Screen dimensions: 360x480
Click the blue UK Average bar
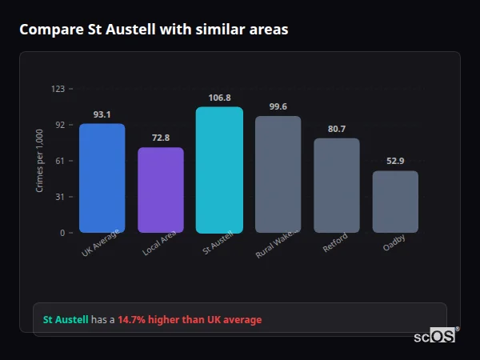(102, 178)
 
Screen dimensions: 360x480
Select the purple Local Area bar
(161, 190)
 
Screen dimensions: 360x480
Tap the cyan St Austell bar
(219, 170)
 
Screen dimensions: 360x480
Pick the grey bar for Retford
(336, 186)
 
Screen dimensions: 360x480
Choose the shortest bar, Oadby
(395, 202)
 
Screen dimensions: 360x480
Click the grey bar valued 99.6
(278, 174)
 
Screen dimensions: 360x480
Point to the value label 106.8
(219, 98)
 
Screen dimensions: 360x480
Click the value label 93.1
(102, 114)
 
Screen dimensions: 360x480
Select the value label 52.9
(395, 162)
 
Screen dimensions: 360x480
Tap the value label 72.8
(161, 138)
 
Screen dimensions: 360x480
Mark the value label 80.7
(336, 129)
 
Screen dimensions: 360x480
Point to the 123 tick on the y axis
(58, 89)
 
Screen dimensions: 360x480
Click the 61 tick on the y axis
(59, 161)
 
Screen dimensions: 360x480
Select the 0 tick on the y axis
(62, 233)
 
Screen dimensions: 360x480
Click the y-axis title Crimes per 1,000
(39, 160)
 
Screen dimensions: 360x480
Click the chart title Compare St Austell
(154, 30)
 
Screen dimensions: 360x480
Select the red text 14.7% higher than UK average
(190, 320)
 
